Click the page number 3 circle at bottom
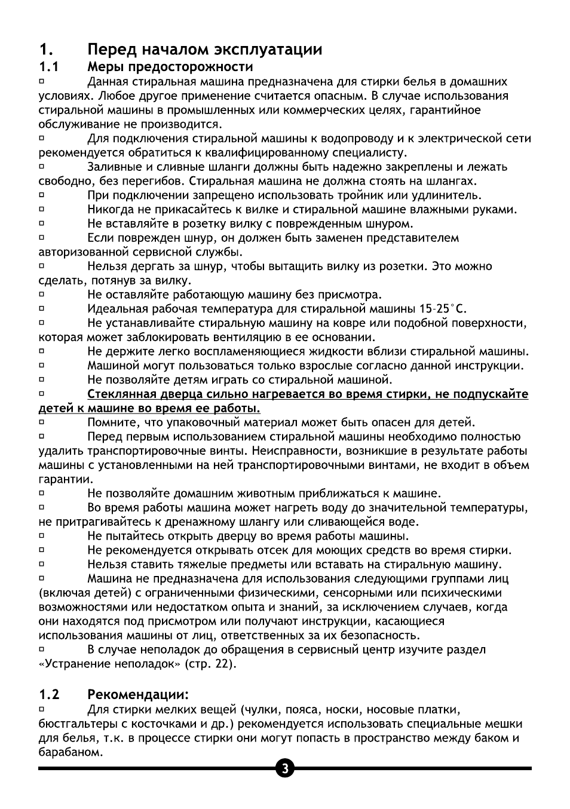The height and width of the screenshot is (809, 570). point(284,768)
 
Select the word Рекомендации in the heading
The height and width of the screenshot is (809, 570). point(137,694)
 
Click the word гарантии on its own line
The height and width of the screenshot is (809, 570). point(65,479)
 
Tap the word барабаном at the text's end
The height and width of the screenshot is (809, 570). point(68,752)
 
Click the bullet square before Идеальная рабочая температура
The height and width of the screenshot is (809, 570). point(42,308)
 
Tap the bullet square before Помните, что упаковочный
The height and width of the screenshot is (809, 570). point(42,422)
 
